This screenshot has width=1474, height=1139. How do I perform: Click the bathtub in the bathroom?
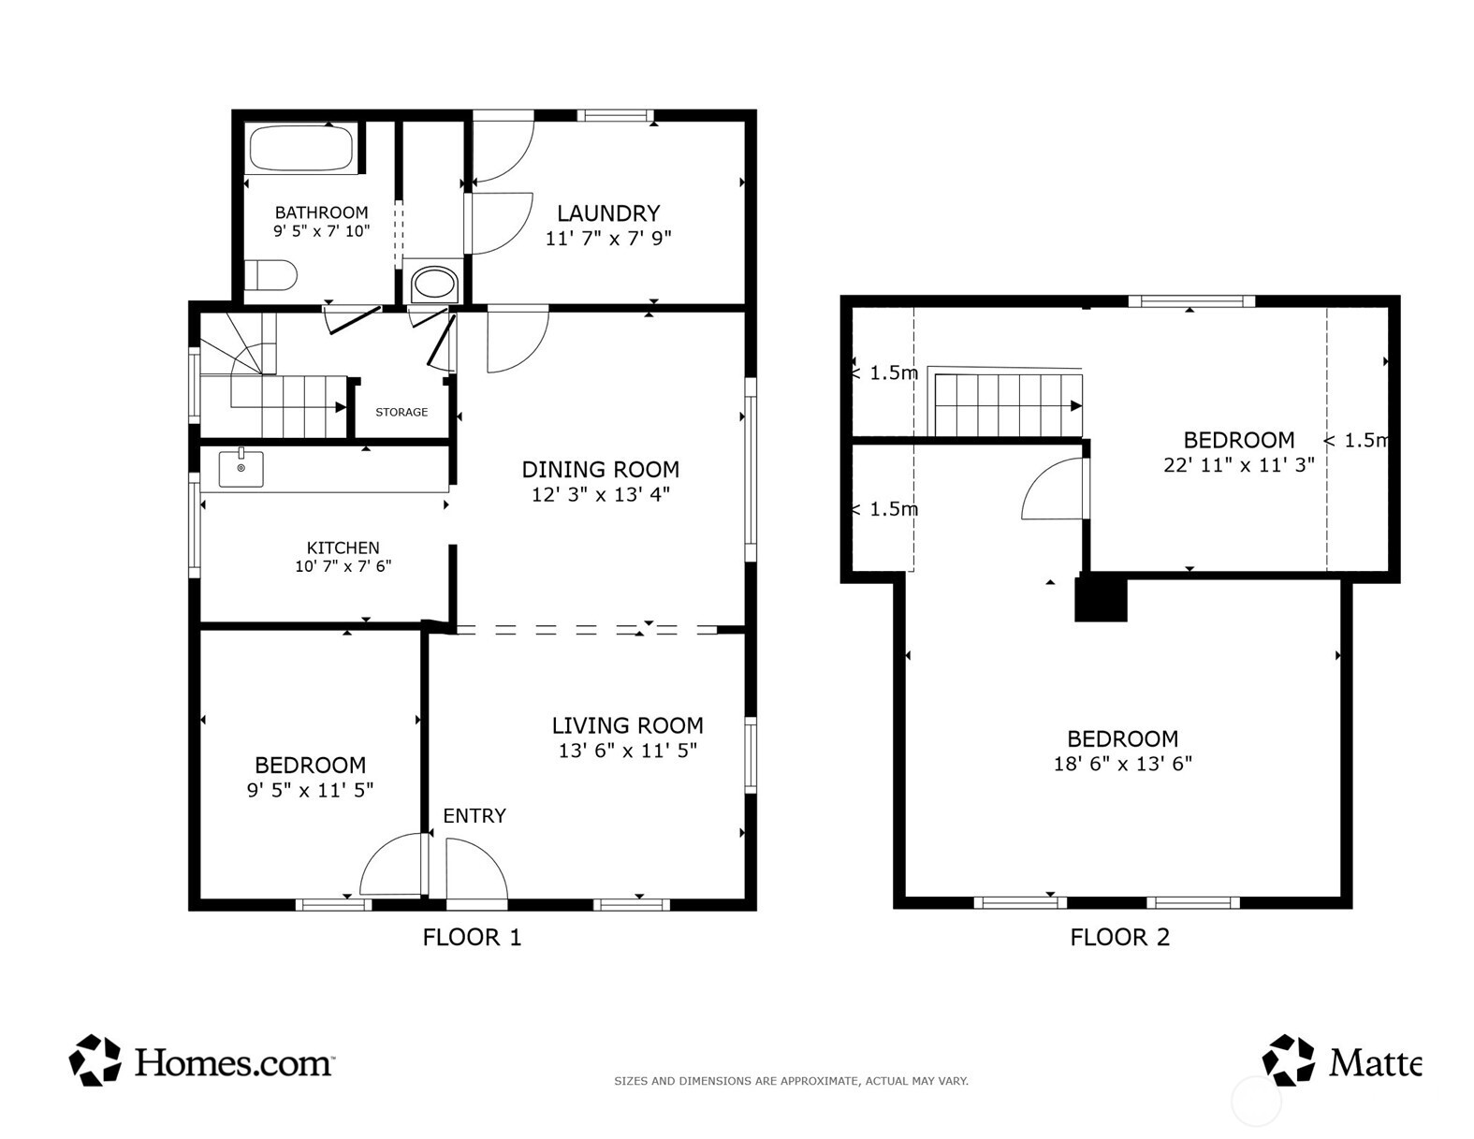pos(301,147)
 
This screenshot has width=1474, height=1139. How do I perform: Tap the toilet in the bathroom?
pos(270,275)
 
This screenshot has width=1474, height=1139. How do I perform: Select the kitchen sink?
pos(241,468)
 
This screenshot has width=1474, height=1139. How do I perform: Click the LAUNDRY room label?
pos(608,213)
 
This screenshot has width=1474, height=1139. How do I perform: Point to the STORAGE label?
pos(401,412)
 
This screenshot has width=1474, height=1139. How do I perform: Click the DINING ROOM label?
pos(600,470)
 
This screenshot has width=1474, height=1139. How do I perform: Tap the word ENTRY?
pos(474,815)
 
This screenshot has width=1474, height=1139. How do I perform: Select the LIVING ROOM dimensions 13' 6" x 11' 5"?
pos(627,751)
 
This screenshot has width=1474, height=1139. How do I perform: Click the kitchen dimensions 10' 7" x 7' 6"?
pos(343,566)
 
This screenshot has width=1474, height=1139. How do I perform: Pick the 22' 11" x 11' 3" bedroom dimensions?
pos(1238,465)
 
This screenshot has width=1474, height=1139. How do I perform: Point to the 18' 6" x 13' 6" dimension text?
pos(1123,764)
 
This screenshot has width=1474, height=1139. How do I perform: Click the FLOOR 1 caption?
pos(472,938)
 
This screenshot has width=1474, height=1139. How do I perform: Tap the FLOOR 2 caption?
pos(1120,938)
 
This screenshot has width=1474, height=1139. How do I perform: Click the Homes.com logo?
pos(201,1061)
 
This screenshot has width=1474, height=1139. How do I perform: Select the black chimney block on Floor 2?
pos(1101,598)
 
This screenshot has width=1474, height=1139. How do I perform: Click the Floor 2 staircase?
pos(1008,405)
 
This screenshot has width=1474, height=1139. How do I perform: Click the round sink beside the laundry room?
pos(435,283)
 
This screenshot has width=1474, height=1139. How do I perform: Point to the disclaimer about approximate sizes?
pos(791,1081)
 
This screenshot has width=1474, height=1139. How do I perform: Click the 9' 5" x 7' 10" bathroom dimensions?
pos(322,231)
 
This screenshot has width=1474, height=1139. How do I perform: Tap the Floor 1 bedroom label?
pos(310,766)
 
